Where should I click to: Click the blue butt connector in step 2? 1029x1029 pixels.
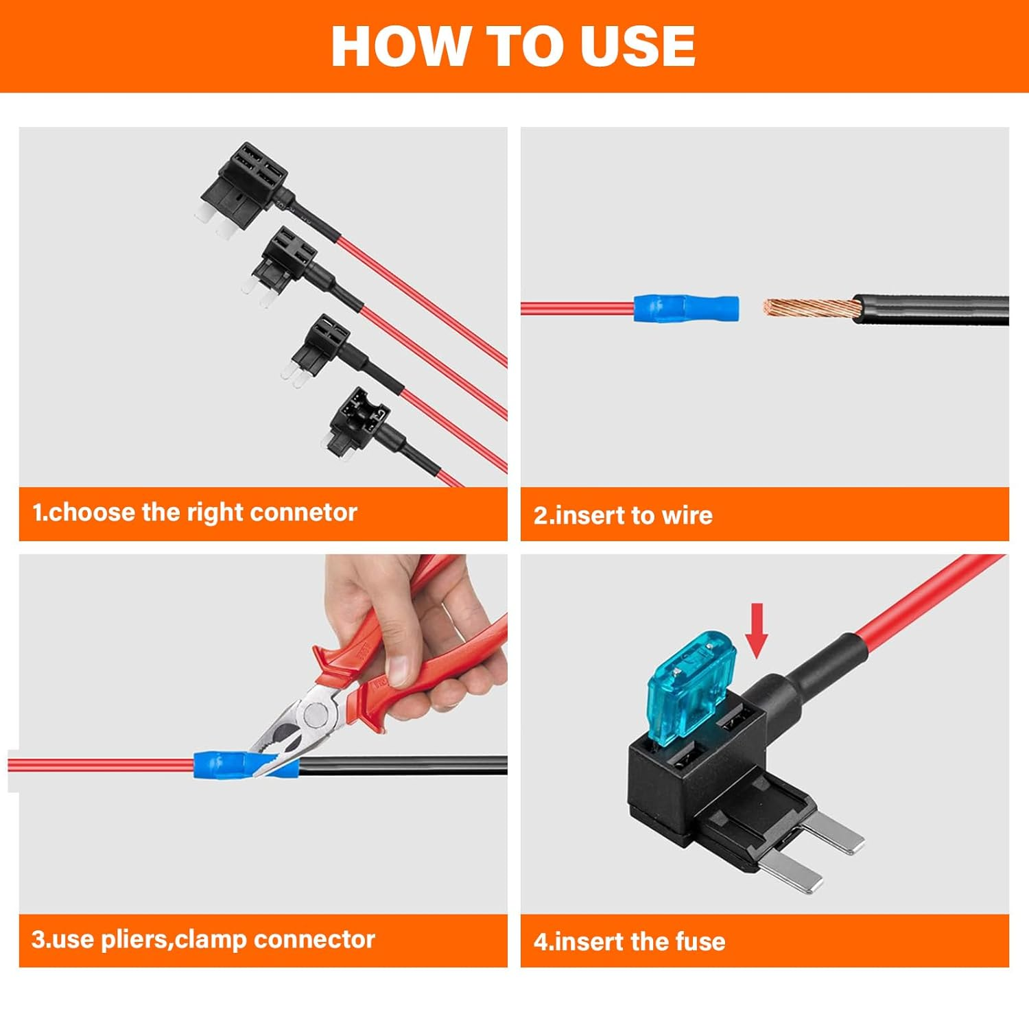pyautogui.click(x=685, y=308)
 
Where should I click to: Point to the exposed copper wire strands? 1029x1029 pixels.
pyautogui.click(x=809, y=308)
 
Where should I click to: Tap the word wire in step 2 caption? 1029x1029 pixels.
pyautogui.click(x=687, y=515)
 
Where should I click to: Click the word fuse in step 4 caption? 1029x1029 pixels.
pyautogui.click(x=700, y=941)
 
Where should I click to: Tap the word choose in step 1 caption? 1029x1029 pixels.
pyautogui.click(x=92, y=512)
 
